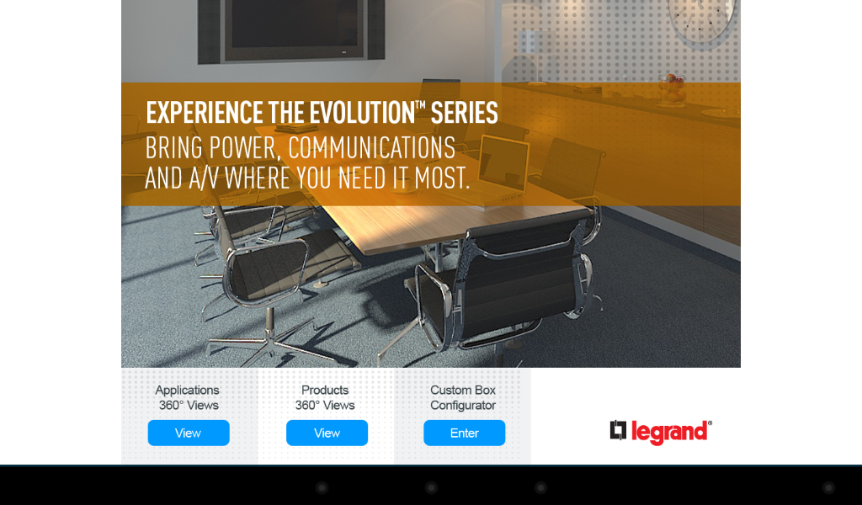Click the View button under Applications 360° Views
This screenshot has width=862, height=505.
pyautogui.click(x=189, y=433)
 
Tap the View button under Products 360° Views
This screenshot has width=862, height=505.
pyautogui.click(x=327, y=433)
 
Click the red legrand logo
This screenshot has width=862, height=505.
pyautogui.click(x=661, y=432)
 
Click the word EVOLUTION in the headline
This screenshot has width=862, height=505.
pyautogui.click(x=362, y=113)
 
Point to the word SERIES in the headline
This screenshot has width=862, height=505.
pyautogui.click(x=464, y=113)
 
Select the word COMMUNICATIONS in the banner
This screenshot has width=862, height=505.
pyautogui.click(x=371, y=148)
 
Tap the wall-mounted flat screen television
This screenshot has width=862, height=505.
pyautogui.click(x=291, y=30)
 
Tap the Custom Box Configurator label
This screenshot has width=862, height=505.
pyautogui.click(x=463, y=398)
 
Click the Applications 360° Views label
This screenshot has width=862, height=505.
pyautogui.click(x=188, y=398)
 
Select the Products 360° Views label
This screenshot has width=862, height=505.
pyautogui.click(x=325, y=398)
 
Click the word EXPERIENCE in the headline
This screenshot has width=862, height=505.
pyautogui.click(x=205, y=113)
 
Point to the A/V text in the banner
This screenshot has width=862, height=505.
pyautogui.click(x=204, y=178)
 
